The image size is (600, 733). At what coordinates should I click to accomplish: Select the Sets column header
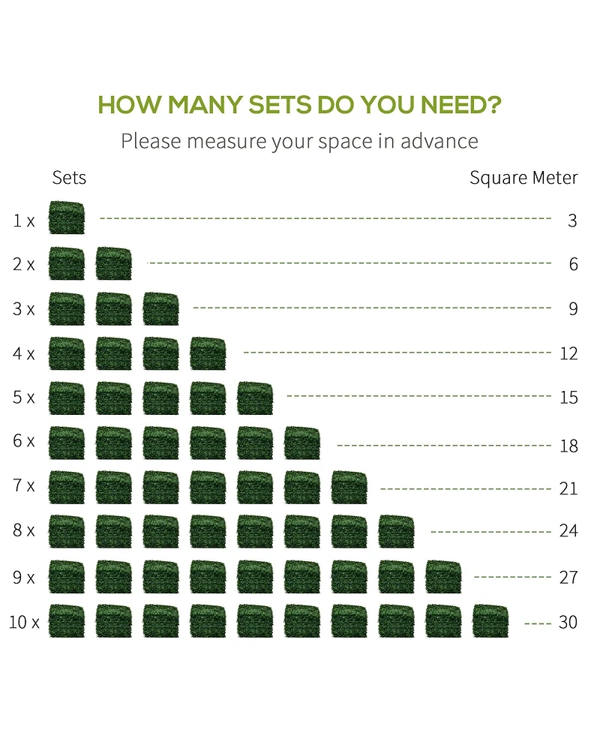69,178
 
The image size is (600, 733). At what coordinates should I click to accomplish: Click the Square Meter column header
523,178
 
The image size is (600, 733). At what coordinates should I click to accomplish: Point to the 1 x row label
23,221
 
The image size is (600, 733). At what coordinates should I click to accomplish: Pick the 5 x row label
23,398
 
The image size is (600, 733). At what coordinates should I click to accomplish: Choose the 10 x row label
24,622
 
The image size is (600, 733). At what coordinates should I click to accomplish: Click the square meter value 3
572,221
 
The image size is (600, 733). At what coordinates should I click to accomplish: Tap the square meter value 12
568,353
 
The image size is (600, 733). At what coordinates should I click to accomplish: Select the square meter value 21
568,488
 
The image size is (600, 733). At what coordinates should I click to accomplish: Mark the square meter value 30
568,622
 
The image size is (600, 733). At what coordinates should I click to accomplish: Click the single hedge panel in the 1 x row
67,218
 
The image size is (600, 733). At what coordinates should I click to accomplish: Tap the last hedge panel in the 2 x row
114,263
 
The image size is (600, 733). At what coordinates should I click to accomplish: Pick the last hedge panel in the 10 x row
490,621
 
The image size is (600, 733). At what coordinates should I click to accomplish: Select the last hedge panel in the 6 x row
302,443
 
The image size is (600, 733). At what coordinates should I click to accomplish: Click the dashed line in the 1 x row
325,218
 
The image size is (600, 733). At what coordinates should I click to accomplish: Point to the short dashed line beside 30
538,623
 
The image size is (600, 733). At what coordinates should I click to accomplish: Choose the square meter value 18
568,446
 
